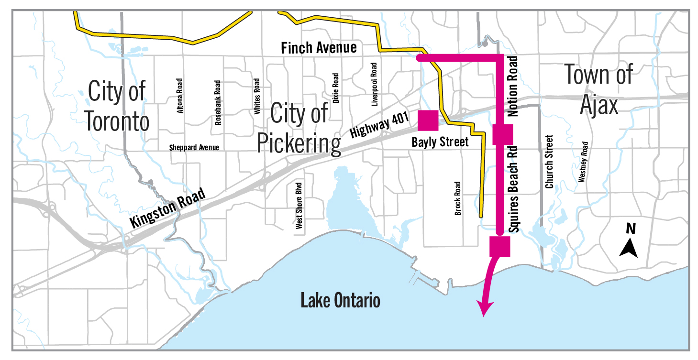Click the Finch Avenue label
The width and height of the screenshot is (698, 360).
point(319,48)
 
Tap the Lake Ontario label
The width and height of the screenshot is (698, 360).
point(340,301)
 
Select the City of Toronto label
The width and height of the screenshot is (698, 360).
point(117,106)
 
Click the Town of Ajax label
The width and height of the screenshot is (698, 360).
point(599,89)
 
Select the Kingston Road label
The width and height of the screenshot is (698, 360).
point(167,208)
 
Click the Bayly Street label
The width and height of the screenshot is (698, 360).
point(440,142)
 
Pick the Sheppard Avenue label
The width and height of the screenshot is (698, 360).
point(194,147)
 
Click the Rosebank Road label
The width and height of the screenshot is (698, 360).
point(218,102)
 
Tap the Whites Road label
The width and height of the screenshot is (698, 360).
point(257,97)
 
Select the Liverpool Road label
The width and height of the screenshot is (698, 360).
point(374,84)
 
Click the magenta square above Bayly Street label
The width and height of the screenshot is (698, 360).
point(428,120)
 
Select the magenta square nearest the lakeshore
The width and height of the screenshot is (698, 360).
point(500,246)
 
